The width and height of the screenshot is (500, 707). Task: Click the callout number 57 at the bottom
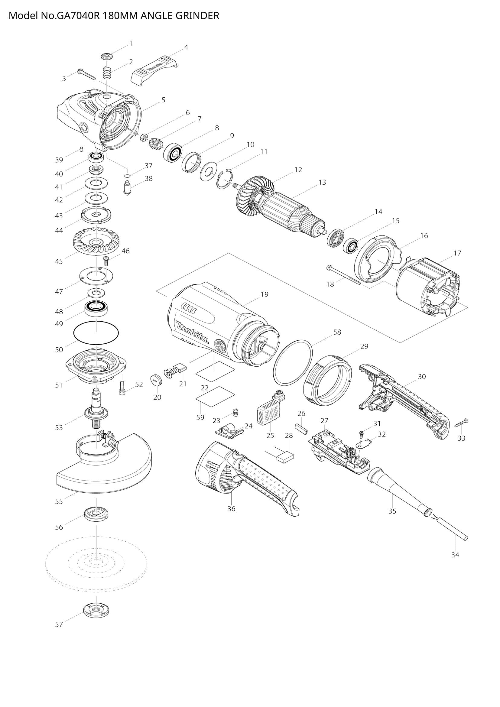coord(59,624)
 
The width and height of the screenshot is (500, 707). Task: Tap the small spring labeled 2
coord(107,73)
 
